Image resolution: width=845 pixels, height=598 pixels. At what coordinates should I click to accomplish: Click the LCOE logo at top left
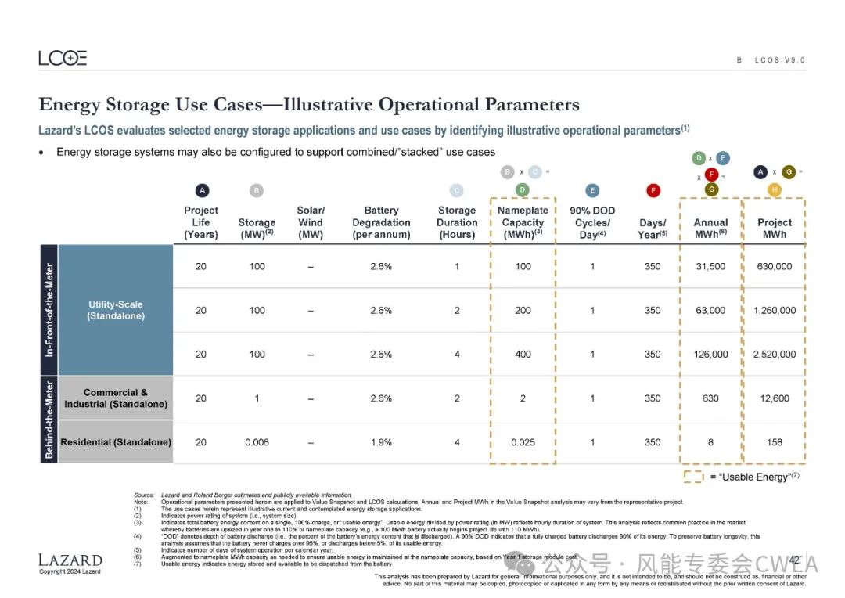pos(63,58)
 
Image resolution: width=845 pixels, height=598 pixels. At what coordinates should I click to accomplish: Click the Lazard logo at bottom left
pos(70,560)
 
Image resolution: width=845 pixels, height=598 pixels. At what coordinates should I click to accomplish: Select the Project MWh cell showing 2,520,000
pos(774,355)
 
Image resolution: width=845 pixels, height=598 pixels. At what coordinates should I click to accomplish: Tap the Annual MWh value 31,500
pos(710,266)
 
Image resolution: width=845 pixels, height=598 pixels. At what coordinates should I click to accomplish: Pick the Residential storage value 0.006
pos(257,442)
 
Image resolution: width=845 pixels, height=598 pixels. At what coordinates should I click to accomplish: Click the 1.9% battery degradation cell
pos(381,442)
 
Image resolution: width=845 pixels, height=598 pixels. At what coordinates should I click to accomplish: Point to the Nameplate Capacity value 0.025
pos(523,442)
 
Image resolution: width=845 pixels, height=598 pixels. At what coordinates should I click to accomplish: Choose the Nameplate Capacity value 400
pos(523,355)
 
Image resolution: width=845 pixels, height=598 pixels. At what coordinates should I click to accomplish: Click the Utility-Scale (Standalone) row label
pos(115,310)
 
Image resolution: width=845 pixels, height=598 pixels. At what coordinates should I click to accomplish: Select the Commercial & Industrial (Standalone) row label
pos(116,398)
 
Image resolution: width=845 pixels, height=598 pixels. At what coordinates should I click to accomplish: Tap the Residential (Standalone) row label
pos(116,442)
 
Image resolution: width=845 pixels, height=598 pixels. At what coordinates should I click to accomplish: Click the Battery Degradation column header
pos(381,222)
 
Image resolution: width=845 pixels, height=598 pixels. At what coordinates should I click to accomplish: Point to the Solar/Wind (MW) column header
pos(311,222)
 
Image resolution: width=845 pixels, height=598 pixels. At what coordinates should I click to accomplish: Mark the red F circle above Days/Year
pos(653,190)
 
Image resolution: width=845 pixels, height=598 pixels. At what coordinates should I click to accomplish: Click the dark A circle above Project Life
pos(201,190)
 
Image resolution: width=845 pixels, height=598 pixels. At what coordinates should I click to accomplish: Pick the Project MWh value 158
pos(774,442)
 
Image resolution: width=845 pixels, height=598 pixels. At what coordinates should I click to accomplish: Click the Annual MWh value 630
pos(710,398)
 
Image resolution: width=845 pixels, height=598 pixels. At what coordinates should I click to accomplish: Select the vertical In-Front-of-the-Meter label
pos(49,310)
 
